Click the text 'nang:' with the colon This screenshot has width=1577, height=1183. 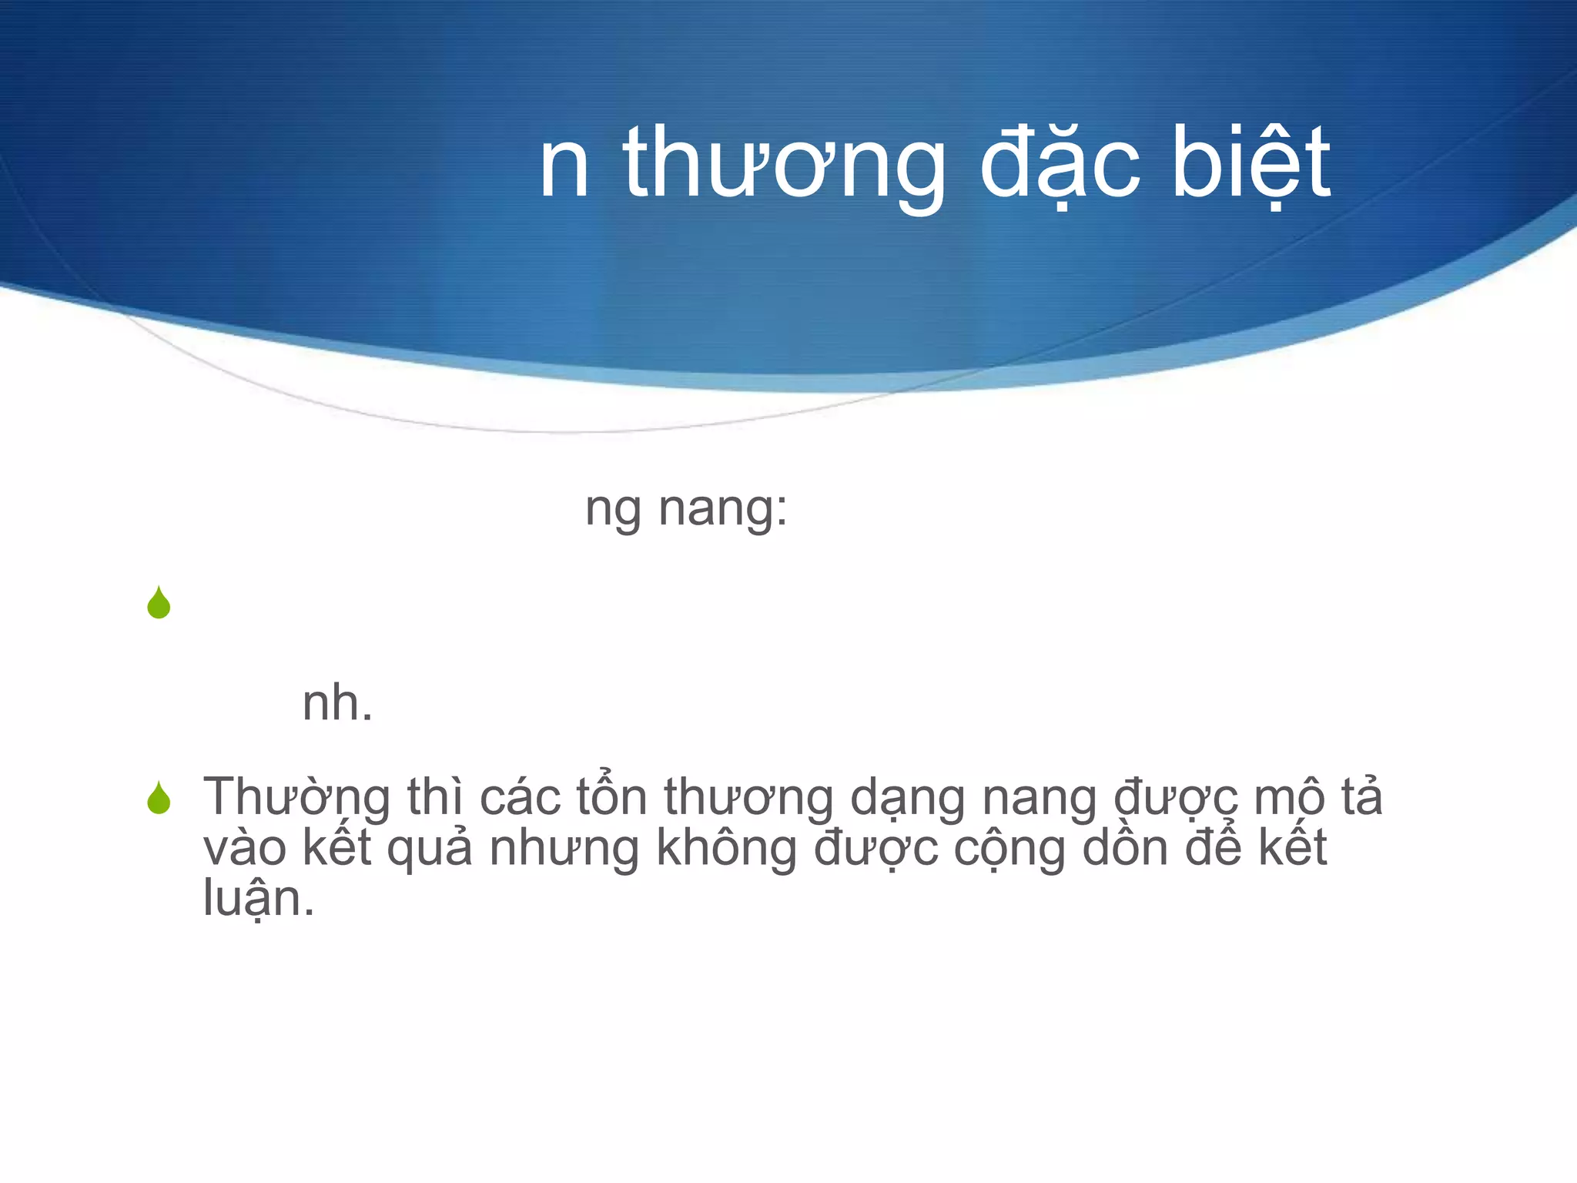point(723,509)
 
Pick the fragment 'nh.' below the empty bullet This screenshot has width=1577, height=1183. point(337,703)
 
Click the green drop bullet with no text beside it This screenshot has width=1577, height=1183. point(159,602)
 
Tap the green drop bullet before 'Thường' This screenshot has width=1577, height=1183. point(159,798)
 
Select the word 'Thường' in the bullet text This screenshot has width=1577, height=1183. point(296,798)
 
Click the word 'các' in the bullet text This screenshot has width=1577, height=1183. point(521,798)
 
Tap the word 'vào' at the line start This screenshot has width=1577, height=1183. point(244,849)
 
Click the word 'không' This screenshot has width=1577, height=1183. point(727,849)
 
